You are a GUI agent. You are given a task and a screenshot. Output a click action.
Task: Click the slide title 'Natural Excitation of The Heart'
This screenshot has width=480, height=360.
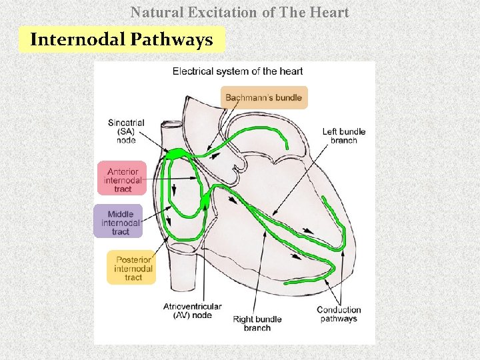pos(240,12)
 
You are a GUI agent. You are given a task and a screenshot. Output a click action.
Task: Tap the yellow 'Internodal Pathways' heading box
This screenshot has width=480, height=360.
pos(121,39)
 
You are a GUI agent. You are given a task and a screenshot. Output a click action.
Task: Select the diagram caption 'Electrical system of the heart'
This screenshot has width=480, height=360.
pos(237,71)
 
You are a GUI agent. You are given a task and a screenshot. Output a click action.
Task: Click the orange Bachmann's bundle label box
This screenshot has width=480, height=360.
pos(264,97)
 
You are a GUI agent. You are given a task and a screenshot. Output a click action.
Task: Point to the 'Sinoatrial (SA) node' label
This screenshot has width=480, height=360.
pos(126,131)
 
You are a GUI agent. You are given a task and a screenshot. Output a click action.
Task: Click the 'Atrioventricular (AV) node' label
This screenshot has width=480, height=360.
pos(192,311)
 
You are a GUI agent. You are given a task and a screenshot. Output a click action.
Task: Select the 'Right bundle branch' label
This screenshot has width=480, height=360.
pos(257,323)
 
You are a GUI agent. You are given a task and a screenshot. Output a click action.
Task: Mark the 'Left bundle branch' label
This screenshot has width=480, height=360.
pos(344,136)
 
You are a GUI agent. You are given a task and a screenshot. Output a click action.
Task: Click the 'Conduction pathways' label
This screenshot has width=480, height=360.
pos(339,314)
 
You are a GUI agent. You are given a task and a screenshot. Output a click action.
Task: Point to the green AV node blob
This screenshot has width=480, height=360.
pos(204,197)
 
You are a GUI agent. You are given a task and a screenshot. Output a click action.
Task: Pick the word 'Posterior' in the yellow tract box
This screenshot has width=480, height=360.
pos(133,259)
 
